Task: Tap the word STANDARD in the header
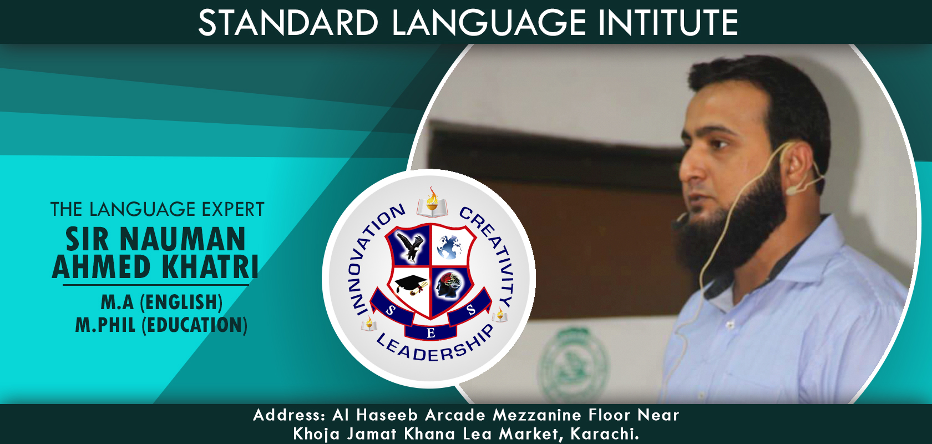point(288,23)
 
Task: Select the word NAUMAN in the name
point(183,239)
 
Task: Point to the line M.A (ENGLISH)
point(161,302)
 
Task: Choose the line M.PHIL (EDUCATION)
point(161,325)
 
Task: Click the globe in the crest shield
point(449,246)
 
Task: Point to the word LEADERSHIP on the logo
point(435,344)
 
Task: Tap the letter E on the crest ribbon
point(431,334)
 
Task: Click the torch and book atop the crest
point(432,203)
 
